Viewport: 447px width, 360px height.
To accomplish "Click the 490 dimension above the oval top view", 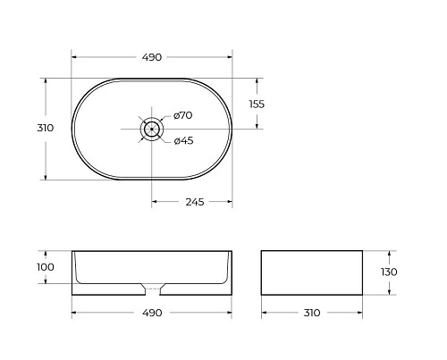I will point(152,57).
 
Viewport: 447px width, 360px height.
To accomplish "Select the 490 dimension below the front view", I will point(152,313).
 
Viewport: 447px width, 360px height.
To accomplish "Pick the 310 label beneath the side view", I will point(310,313).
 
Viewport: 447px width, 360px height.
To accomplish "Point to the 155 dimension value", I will point(256,104).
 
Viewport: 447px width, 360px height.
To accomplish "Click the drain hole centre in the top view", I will point(153,129).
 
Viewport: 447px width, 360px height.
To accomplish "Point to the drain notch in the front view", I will point(153,288).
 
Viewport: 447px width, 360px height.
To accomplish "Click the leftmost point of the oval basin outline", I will point(72,129).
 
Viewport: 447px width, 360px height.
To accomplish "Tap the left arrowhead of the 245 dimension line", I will point(155,201).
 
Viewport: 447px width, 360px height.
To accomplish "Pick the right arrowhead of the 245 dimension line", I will point(232,201).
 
